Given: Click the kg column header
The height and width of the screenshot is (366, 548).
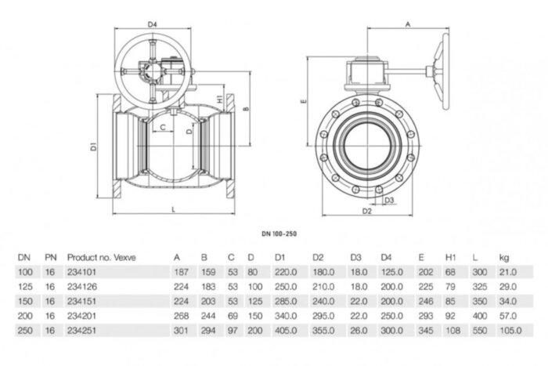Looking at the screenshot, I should tap(503, 256).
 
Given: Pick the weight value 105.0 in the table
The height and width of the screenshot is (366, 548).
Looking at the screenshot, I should tap(508, 330).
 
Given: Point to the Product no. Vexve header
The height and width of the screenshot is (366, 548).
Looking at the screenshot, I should tap(102, 256).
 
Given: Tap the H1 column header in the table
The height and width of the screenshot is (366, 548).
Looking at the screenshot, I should tap(450, 256).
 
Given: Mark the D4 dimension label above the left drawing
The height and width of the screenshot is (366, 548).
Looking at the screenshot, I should tap(153, 25).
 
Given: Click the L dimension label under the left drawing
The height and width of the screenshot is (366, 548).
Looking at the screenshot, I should tap(171, 208).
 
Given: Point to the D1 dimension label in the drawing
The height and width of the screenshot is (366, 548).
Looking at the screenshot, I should tap(92, 146).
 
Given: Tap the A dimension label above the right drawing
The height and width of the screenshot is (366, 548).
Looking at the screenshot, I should tap(407, 25).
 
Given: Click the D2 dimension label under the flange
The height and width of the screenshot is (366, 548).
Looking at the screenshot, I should tap(366, 211).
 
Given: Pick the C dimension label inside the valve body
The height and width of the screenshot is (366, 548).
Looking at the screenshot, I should tap(162, 126).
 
